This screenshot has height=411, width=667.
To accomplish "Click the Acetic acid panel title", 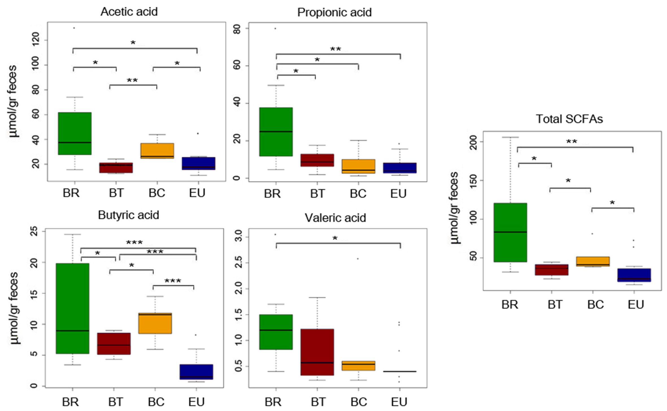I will [129, 12].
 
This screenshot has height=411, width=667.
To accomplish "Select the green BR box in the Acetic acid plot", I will [75, 133].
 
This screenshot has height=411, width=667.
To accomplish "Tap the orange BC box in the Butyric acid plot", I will [155, 323].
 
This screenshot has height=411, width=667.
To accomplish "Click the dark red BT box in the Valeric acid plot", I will [317, 352].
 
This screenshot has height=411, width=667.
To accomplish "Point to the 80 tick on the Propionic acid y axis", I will [237, 29].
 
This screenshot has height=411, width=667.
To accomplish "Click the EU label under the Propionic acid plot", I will [398, 194].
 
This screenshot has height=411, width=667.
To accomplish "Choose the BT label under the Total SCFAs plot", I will [555, 305].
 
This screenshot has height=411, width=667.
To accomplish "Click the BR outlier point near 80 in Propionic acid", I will [275, 29].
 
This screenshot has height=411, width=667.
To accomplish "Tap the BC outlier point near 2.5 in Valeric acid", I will [358, 258].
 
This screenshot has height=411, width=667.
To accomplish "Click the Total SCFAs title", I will [569, 119].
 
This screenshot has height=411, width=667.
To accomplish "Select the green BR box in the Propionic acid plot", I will [276, 132].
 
